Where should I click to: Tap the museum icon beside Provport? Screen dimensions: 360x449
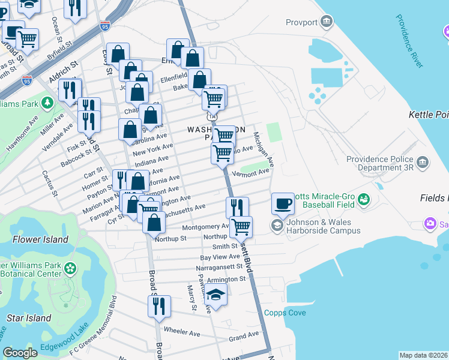[x=326, y=22]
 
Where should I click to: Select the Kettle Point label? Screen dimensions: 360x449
[x=428, y=114]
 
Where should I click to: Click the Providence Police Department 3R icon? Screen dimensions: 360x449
[x=422, y=163]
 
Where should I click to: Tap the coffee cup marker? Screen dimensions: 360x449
[x=283, y=204]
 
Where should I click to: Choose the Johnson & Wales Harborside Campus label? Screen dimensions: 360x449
[x=323, y=226]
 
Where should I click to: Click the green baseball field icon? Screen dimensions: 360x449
[x=364, y=200]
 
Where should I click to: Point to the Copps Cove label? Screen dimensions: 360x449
[x=285, y=313]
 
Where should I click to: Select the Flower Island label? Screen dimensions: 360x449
[x=40, y=240]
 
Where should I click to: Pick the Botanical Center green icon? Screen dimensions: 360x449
[x=71, y=268]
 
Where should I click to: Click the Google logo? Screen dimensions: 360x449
[x=20, y=353]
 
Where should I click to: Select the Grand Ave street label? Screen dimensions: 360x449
[x=243, y=336]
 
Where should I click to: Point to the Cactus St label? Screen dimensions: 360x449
[x=49, y=183]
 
